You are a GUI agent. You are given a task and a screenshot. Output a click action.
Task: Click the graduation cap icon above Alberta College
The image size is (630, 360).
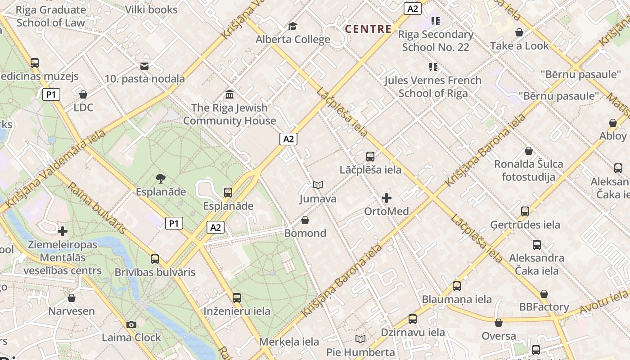[292, 26]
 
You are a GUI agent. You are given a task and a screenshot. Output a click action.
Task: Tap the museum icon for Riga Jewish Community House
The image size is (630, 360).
[229, 94]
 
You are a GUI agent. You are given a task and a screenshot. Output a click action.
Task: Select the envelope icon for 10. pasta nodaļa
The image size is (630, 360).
[144, 66]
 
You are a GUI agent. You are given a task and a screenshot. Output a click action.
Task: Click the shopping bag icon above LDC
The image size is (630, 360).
[83, 94]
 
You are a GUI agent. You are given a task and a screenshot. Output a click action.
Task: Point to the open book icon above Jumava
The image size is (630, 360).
[318, 185]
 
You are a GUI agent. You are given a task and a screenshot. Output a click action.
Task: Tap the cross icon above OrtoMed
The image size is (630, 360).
[386, 198]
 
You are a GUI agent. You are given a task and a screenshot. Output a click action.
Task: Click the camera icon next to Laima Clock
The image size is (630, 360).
[131, 324]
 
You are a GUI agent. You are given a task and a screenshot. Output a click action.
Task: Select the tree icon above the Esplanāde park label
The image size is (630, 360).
[161, 179]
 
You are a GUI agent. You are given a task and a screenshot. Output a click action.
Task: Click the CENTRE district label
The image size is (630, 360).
[368, 29]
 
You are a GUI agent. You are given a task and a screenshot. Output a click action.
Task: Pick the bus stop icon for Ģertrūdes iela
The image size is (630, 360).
[525, 211]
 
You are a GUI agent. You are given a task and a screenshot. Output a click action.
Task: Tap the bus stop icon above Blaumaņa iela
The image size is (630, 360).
[457, 286]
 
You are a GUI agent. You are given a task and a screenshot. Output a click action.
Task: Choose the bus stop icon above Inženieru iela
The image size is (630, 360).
[237, 298]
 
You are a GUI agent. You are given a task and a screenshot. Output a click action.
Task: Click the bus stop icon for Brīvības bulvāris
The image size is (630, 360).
[155, 259]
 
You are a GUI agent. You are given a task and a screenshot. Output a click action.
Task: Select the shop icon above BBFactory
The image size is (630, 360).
[544, 294]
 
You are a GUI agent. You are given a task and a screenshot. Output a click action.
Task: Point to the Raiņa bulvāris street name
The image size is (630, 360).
[97, 208]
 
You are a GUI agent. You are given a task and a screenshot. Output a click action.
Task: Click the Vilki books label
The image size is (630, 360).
[151, 9]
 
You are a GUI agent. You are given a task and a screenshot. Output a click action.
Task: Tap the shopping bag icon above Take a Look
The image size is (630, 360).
[519, 32]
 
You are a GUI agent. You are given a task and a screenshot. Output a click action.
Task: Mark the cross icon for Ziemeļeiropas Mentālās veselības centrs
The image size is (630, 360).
[63, 231]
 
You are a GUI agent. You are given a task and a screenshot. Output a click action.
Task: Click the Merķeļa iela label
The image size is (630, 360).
[289, 342]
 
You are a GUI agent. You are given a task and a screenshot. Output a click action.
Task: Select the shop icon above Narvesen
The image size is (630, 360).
[72, 298]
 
